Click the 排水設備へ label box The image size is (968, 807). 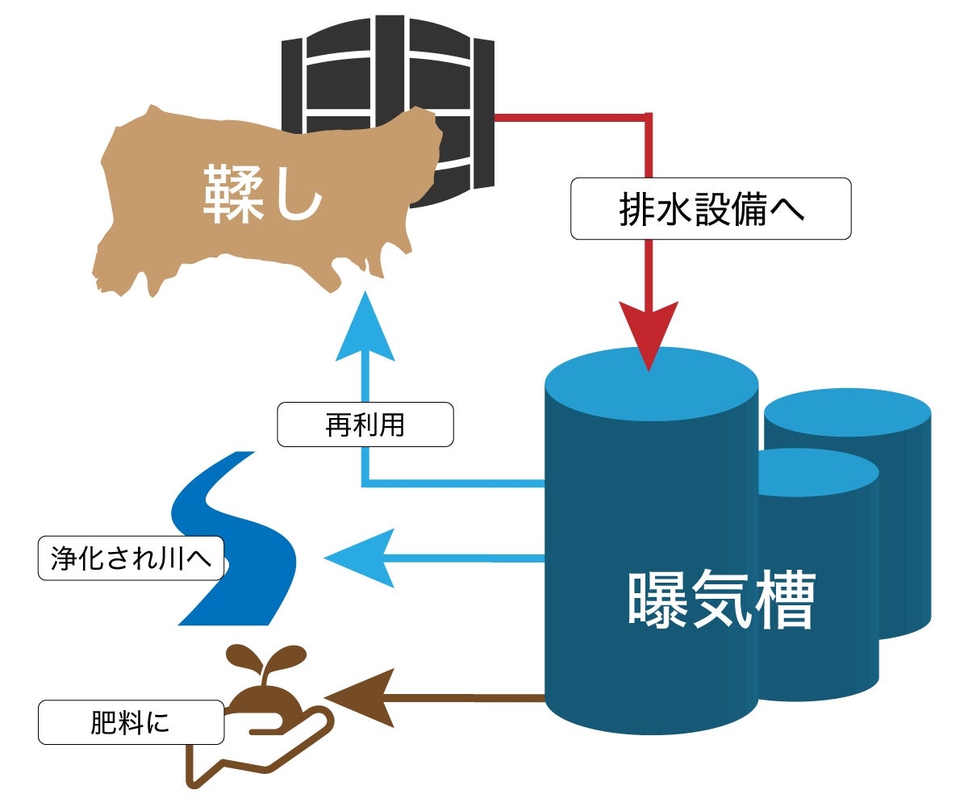click(x=711, y=209)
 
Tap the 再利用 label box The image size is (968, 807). click(x=365, y=424)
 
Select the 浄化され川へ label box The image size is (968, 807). click(x=130, y=558)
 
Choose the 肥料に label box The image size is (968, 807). click(x=131, y=721)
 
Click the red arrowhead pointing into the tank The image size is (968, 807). click(x=649, y=332)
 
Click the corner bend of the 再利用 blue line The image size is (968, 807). click(x=366, y=483)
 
